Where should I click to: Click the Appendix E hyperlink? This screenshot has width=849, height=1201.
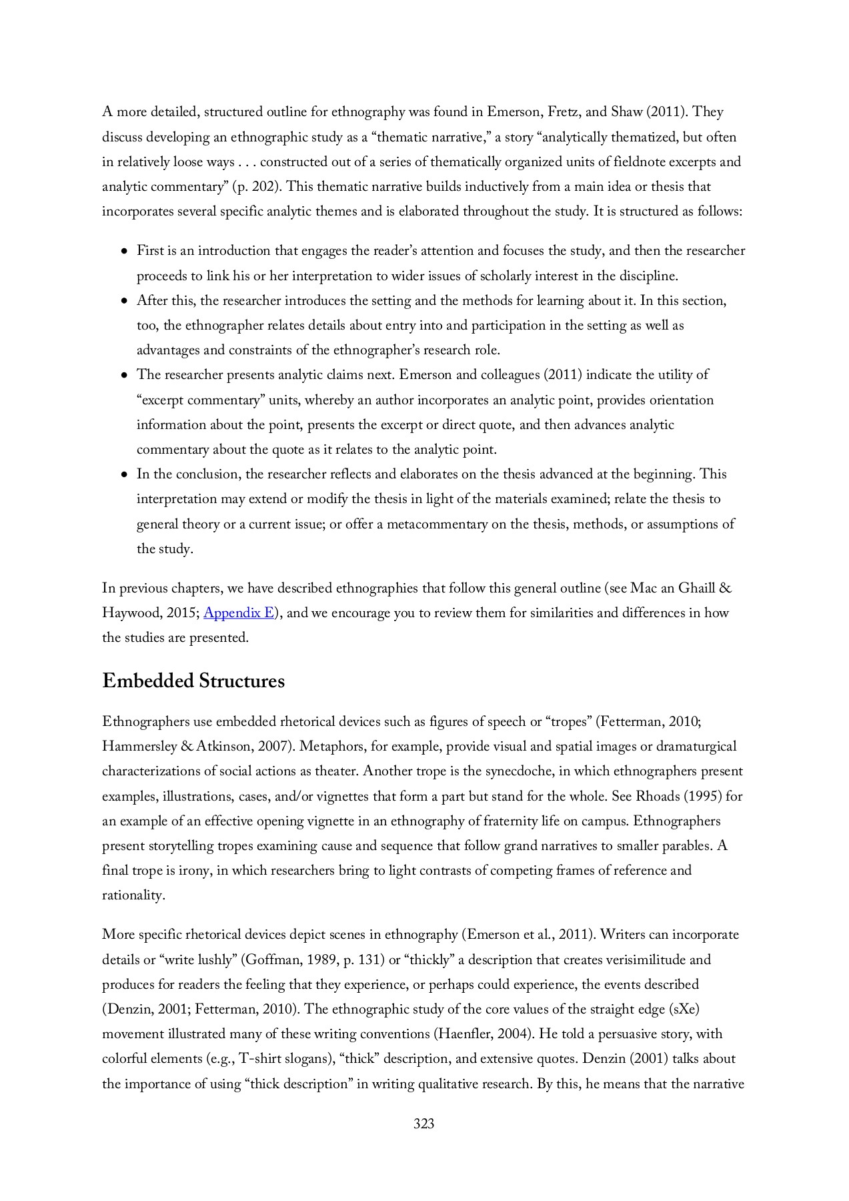click(x=239, y=613)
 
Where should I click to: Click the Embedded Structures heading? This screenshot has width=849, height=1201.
click(x=193, y=681)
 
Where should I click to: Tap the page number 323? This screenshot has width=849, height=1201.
click(x=423, y=1124)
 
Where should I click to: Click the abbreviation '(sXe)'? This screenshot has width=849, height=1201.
click(x=683, y=1010)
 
